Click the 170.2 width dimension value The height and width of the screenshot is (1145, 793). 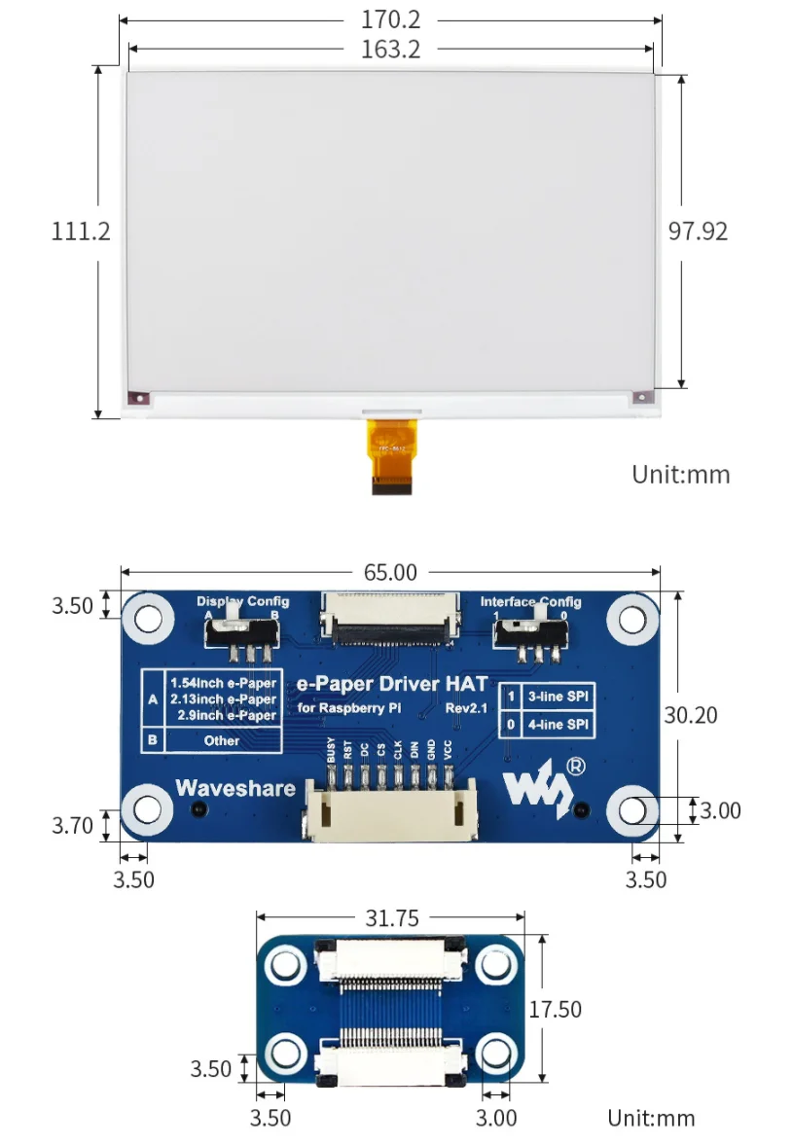click(x=389, y=19)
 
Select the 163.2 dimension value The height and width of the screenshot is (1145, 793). click(x=389, y=50)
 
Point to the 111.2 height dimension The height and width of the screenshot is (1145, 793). click(x=81, y=232)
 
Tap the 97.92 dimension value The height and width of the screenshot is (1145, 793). click(x=698, y=232)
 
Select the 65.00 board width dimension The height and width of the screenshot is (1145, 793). click(x=390, y=573)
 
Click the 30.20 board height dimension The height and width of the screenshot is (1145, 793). click(x=691, y=715)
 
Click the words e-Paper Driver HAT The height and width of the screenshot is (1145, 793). click(x=391, y=685)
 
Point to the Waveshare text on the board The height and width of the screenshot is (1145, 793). click(x=235, y=788)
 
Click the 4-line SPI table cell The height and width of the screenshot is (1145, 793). click(x=558, y=725)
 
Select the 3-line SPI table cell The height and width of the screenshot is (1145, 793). click(x=558, y=697)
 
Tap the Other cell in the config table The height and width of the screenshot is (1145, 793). click(x=222, y=740)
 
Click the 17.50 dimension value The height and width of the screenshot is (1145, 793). click(x=556, y=1010)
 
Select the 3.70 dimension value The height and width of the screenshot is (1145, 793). click(x=72, y=826)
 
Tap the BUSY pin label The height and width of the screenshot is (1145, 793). click(x=332, y=750)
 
